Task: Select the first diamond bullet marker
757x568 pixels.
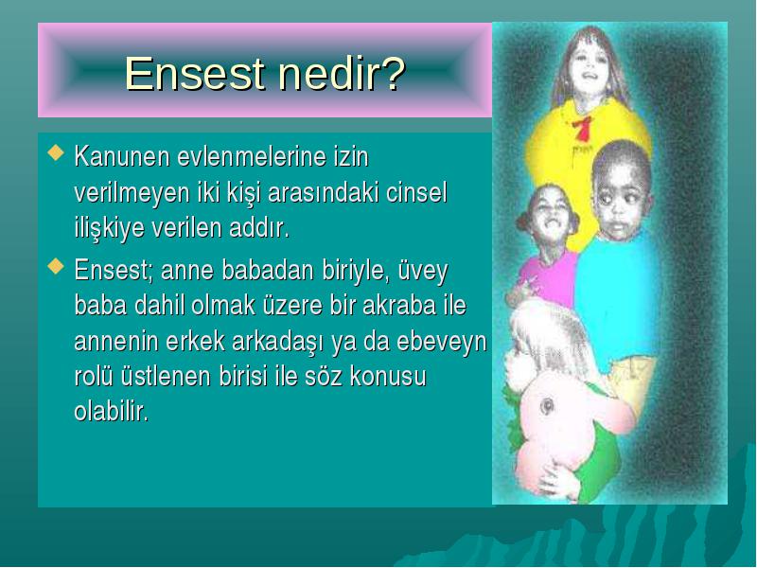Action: coord(56,152)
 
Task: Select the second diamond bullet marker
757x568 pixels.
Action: coord(56,266)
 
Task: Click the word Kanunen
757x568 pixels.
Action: coord(122,156)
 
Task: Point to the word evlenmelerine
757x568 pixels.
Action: coord(252,156)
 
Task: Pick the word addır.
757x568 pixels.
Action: coord(259,228)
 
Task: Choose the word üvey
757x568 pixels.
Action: coord(423,271)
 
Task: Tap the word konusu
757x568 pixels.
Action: coord(388,376)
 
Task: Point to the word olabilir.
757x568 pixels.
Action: coord(111,412)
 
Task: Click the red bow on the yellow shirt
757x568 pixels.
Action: coord(583,128)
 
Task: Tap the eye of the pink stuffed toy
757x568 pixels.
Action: coord(547,406)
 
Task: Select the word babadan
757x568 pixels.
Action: coord(268,270)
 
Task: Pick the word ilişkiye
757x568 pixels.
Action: coord(110,229)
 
